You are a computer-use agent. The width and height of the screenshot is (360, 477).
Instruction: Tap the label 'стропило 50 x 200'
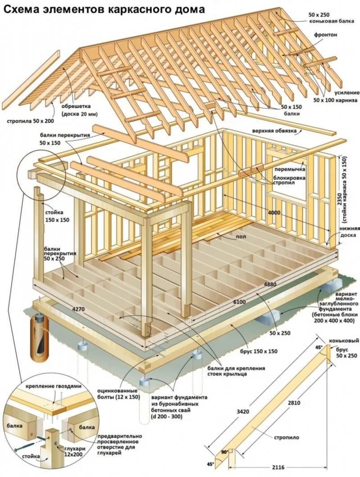(30, 121)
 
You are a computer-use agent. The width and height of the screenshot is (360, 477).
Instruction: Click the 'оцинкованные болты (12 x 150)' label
(118, 394)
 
